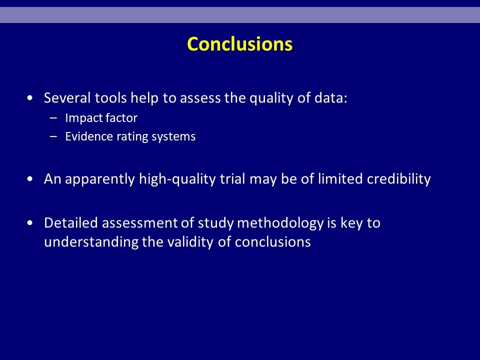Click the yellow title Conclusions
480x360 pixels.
(x=239, y=44)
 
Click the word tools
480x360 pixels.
(x=111, y=98)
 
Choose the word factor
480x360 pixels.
(x=123, y=118)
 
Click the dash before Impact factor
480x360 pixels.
(x=53, y=118)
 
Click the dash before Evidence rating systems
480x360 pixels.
(x=53, y=136)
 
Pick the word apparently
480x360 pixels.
(x=100, y=179)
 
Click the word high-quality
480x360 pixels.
(x=177, y=179)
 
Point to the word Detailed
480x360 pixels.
(x=71, y=223)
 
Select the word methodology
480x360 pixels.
(x=280, y=223)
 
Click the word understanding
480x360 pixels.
(x=91, y=242)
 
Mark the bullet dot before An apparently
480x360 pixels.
(x=29, y=179)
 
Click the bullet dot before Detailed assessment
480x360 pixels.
(x=29, y=223)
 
